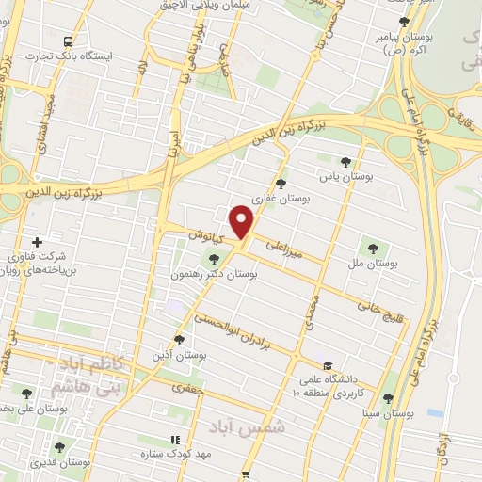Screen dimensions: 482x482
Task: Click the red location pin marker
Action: [243, 221]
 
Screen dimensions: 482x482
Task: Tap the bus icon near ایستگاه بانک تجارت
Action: [68, 41]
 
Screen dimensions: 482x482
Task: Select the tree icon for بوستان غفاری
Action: [281, 184]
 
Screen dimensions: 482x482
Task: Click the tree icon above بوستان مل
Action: [375, 249]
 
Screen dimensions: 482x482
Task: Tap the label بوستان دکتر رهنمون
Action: [221, 274]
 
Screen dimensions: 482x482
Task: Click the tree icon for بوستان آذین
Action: [179, 340]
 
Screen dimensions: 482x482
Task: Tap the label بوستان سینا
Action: [387, 413]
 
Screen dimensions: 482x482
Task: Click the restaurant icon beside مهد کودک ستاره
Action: [174, 440]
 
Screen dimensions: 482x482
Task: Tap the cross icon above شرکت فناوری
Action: [36, 242]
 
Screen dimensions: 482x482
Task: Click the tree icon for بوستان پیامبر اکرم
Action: [404, 21]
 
